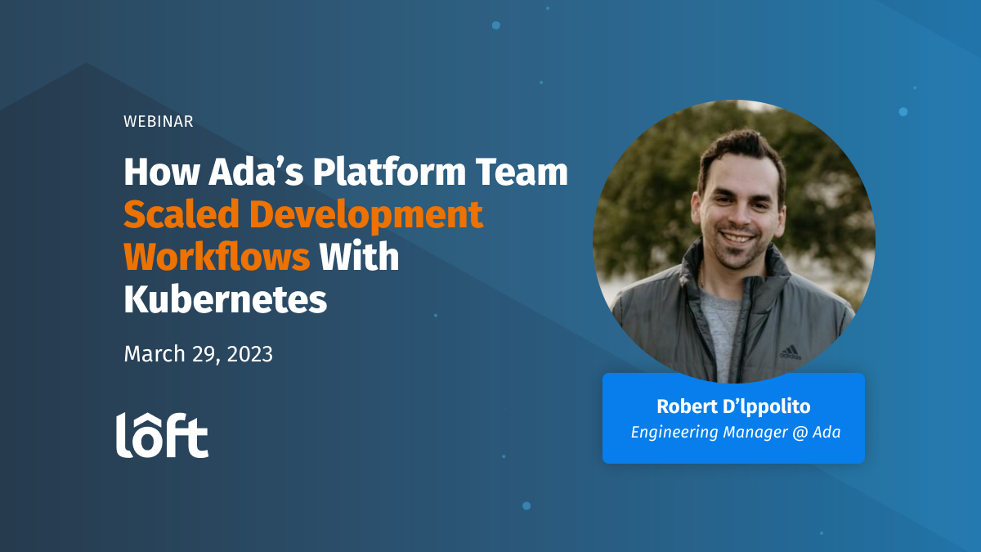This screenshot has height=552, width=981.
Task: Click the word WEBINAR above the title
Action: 159,122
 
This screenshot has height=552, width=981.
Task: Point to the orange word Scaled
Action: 181,215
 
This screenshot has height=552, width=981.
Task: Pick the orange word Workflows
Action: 217,258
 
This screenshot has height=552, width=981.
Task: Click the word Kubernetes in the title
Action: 226,300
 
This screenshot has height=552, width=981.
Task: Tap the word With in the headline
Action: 359,258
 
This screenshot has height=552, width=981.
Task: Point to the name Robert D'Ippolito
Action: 733,406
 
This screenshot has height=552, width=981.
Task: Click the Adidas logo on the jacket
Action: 790,352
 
